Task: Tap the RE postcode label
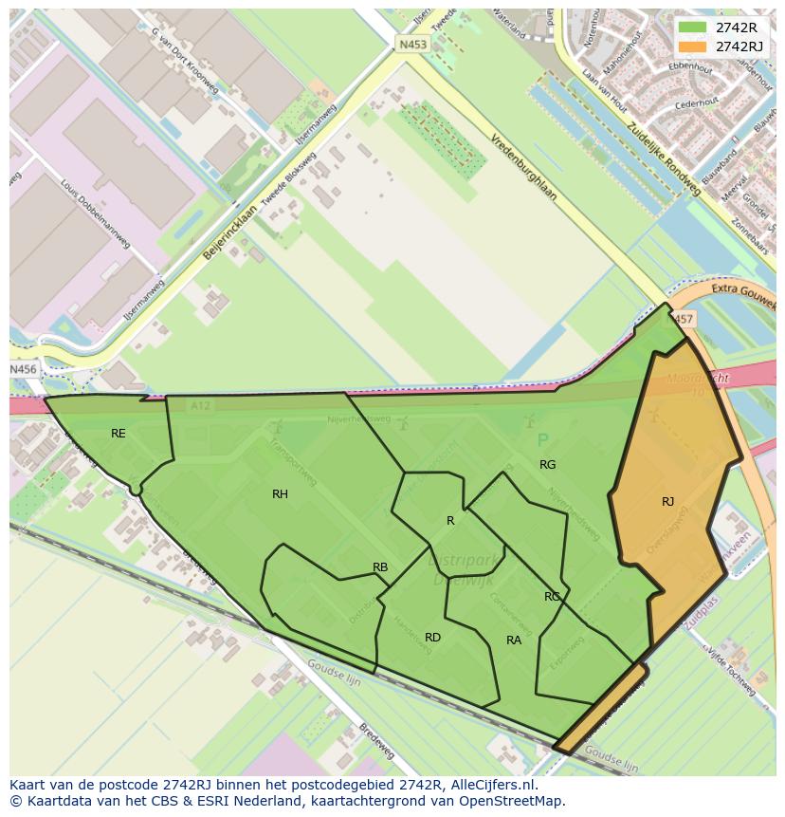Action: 118,434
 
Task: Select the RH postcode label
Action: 280,494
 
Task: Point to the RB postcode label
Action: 380,567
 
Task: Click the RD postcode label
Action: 432,638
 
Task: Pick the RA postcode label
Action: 514,641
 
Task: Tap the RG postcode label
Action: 547,465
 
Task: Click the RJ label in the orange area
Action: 667,502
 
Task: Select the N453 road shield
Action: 411,44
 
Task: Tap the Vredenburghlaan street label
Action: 522,165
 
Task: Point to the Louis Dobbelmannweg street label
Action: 95,214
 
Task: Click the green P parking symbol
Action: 542,440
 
